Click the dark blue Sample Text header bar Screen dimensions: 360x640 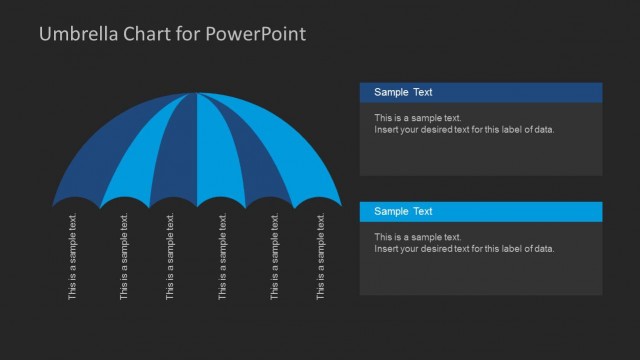pyautogui.click(x=481, y=92)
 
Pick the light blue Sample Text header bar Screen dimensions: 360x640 pyautogui.click(x=481, y=211)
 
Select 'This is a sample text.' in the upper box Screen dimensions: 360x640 pyautogui.click(x=418, y=118)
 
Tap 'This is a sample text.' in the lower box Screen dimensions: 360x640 pyautogui.click(x=418, y=237)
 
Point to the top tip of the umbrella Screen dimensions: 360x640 pyautogui.click(x=197, y=94)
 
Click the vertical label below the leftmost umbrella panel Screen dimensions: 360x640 pyautogui.click(x=72, y=257)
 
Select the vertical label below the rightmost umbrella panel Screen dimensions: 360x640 pyautogui.click(x=321, y=257)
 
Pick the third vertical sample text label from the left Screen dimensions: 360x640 pyautogui.click(x=171, y=257)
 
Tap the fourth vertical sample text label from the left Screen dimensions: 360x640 pyautogui.click(x=222, y=257)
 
